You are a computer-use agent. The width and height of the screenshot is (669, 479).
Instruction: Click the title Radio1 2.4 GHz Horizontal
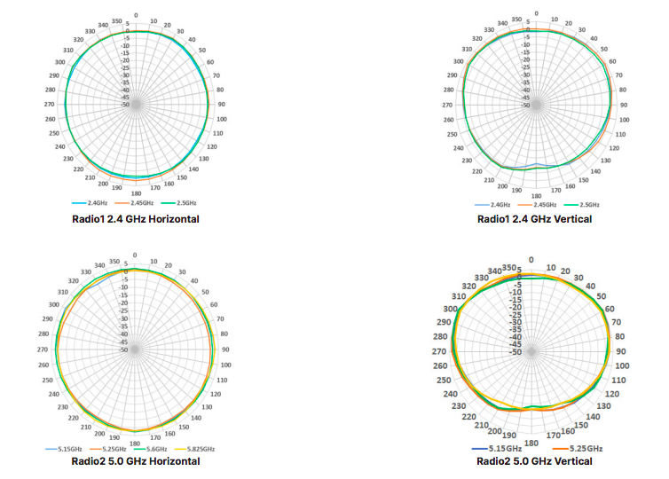[x=136, y=218]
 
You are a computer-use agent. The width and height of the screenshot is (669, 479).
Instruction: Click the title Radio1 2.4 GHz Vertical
[x=534, y=218]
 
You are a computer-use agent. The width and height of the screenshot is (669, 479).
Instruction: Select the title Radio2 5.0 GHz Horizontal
[x=135, y=461]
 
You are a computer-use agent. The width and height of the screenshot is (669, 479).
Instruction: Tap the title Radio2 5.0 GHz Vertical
[x=534, y=461]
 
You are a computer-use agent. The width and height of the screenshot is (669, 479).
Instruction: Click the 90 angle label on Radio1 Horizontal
[x=221, y=105]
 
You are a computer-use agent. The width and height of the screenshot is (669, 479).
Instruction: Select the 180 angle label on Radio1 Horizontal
[x=136, y=192]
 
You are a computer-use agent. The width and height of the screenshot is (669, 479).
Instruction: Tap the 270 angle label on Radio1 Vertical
[x=447, y=105]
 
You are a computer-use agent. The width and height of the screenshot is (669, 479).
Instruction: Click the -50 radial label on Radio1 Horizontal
[x=126, y=105]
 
